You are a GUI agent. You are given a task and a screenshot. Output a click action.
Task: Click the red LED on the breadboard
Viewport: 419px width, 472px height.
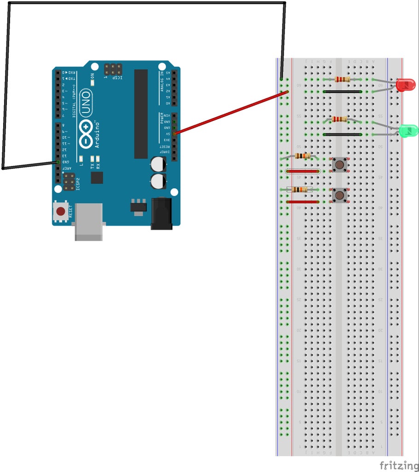click(x=405, y=85)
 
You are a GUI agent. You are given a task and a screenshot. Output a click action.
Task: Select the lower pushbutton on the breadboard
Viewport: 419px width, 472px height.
click(x=340, y=195)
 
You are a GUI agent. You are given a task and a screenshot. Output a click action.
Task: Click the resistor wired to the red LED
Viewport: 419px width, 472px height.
click(x=343, y=79)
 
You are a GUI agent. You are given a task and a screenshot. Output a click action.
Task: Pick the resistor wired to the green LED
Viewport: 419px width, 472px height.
click(x=340, y=119)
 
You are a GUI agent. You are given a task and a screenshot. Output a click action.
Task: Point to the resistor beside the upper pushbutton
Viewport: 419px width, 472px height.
click(x=302, y=156)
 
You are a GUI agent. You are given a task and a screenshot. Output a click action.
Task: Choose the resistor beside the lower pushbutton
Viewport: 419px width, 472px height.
click(x=300, y=189)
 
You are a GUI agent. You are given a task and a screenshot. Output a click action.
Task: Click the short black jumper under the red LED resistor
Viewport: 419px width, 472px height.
click(x=342, y=92)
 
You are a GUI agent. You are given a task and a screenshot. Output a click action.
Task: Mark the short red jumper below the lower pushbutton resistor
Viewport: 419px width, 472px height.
click(x=302, y=202)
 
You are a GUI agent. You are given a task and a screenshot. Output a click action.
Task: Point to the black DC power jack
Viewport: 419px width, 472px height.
click(x=161, y=213)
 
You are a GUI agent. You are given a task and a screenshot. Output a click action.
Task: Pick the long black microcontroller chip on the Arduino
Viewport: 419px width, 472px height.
click(x=141, y=114)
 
